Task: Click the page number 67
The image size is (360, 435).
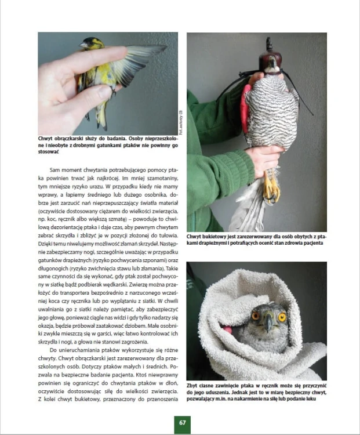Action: [x=182, y=423]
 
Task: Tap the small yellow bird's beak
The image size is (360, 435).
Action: [x=82, y=45]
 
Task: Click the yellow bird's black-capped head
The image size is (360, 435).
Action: [x=93, y=43]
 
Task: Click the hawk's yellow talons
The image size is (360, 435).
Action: [x=271, y=187]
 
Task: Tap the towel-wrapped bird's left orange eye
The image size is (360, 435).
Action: [x=256, y=316]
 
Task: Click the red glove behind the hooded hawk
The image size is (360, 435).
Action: [x=244, y=109]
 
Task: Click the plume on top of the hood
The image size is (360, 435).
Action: [x=269, y=43]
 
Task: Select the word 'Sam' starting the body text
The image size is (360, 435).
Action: [x=54, y=170]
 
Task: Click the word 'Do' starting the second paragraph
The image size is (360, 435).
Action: [x=53, y=350]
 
